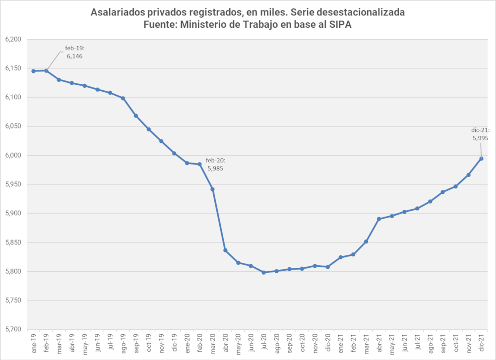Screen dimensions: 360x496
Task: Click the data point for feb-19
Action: point(46,71)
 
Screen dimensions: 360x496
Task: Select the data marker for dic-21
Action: point(481,159)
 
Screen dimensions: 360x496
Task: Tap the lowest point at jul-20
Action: point(264,272)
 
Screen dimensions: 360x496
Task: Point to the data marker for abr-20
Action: point(225,250)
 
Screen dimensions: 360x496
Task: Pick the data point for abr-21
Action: point(379,219)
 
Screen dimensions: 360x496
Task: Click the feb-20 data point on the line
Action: point(199,164)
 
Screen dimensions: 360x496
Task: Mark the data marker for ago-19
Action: point(123,98)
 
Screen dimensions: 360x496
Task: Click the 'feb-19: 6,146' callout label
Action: point(75,53)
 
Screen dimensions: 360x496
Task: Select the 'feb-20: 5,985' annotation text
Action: point(216,164)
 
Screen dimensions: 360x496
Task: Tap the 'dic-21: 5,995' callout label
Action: point(481,134)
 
